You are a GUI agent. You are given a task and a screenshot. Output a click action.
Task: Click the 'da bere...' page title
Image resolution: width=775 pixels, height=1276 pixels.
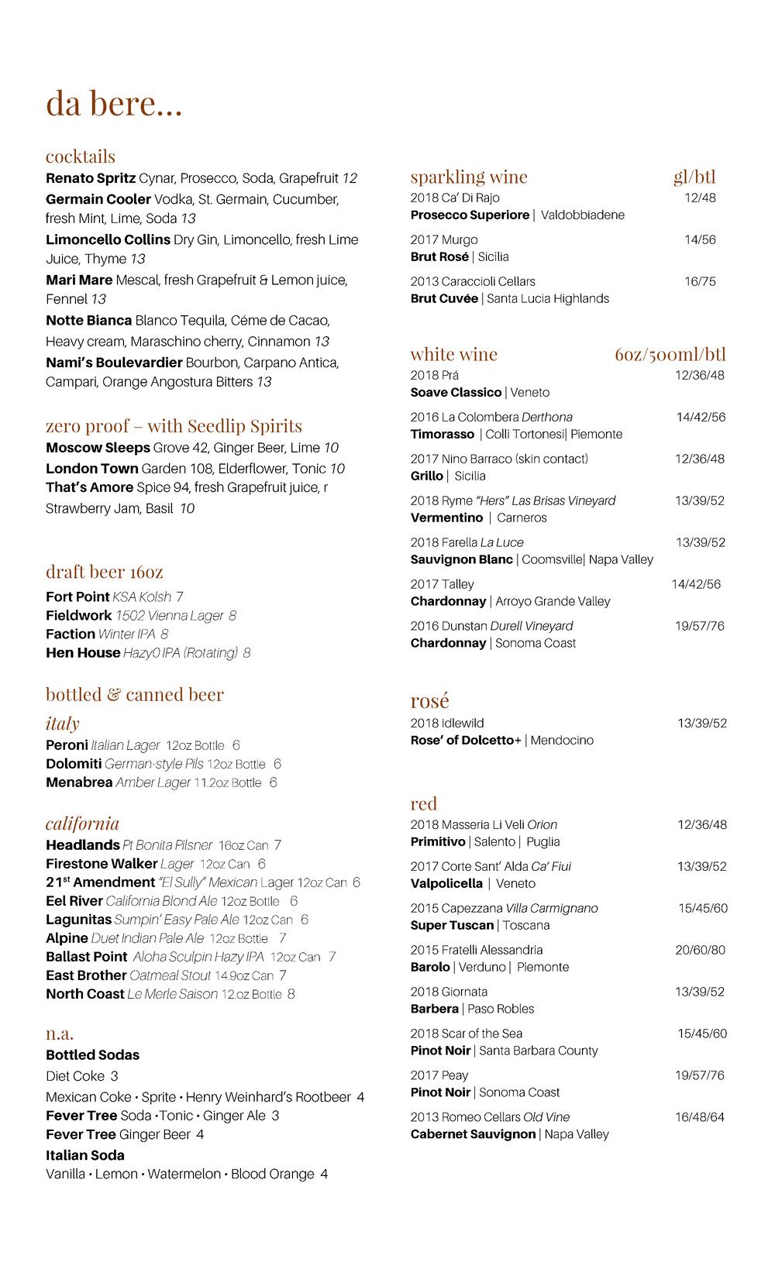coord(114,104)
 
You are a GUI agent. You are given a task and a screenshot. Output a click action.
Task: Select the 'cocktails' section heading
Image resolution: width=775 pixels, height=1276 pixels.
coord(80,156)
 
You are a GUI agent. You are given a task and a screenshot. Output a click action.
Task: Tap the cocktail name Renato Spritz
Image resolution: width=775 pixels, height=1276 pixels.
coord(91,178)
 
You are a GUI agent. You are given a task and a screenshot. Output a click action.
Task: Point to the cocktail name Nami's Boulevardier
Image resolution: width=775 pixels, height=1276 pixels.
coord(114,363)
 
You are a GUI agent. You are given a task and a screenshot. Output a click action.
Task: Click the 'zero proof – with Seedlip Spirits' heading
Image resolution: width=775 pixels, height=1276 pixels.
coord(174,426)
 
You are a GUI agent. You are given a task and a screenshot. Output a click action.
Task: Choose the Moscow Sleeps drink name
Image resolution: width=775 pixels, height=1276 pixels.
coord(98,448)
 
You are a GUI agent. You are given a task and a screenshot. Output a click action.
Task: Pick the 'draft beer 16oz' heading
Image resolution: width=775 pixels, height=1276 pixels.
coord(104,572)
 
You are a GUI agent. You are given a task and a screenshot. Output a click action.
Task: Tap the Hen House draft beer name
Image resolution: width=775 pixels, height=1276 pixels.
coord(83,653)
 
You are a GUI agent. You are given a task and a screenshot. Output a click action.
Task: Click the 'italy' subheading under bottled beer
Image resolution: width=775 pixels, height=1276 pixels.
coord(62,724)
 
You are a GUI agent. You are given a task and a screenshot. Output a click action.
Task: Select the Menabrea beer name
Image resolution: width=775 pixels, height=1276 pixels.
coord(79,782)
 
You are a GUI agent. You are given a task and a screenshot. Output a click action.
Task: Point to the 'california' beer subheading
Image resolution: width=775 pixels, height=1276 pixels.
coord(82,824)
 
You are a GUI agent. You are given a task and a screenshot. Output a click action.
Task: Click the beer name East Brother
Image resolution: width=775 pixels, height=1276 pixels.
coord(86,975)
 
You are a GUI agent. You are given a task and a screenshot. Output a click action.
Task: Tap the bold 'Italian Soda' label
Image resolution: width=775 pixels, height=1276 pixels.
coord(85,1155)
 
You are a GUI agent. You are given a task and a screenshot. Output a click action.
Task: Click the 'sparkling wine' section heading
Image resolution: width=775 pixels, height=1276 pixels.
coord(469,177)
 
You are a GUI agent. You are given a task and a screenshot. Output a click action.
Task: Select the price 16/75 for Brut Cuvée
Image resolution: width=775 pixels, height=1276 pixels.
coord(700,281)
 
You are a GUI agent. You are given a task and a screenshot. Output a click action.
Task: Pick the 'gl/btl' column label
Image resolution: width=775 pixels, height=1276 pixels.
coord(694,177)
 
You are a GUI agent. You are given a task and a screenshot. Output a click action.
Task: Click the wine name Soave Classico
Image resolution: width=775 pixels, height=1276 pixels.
coord(456,393)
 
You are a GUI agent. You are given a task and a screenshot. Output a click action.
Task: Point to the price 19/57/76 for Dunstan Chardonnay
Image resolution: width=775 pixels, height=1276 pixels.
coord(699,626)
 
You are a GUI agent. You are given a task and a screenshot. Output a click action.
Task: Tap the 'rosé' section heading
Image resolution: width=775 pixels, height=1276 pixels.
coord(429,701)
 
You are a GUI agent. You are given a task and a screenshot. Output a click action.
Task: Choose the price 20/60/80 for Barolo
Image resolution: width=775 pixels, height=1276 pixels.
coord(700,950)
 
